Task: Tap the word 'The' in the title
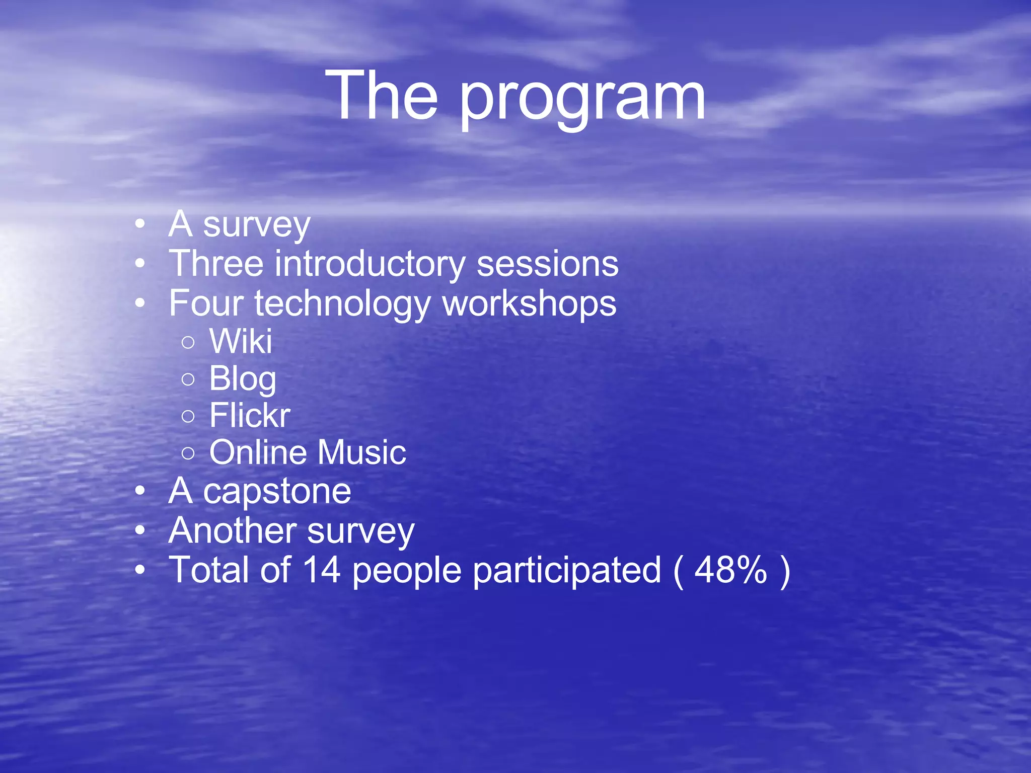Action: (x=382, y=96)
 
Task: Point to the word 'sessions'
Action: (x=547, y=264)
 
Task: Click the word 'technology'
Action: (x=342, y=304)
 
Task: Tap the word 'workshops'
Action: (x=529, y=303)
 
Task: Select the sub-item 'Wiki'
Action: (x=241, y=341)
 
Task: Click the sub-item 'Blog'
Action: (x=243, y=379)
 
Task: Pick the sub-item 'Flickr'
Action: (x=250, y=415)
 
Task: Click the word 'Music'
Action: (x=361, y=452)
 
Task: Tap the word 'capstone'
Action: (x=277, y=492)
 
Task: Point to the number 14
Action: (x=322, y=570)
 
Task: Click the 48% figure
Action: (x=730, y=570)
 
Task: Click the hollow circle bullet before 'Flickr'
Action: (x=188, y=416)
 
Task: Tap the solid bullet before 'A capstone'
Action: (x=140, y=491)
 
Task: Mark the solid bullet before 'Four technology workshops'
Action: (x=140, y=303)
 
